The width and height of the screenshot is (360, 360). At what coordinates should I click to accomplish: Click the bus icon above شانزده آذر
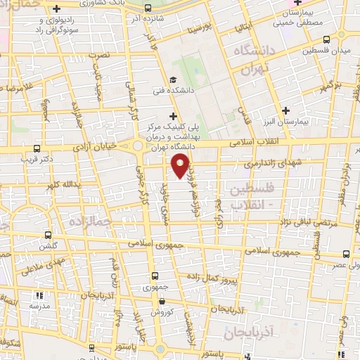(146, 8)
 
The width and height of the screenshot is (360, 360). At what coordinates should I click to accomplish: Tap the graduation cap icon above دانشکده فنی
(173, 80)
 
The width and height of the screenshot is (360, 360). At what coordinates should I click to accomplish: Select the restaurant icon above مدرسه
(39, 296)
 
